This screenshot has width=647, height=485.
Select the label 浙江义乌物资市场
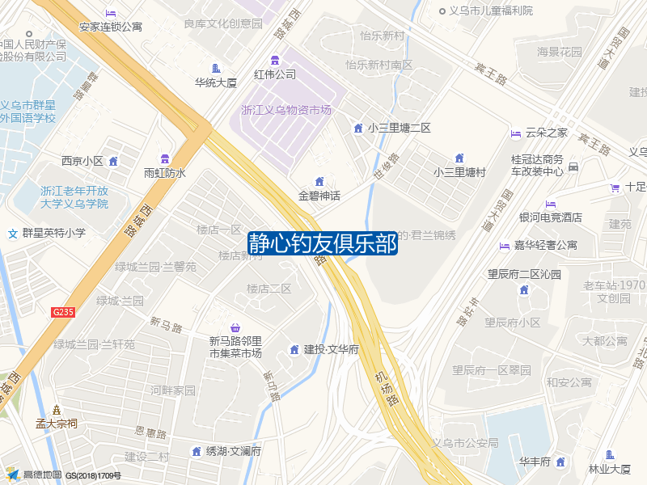point(286,110)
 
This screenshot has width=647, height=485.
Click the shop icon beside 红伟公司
point(275,60)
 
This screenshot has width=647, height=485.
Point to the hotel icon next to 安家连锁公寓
point(111,13)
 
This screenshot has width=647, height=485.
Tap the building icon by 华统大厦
point(215,69)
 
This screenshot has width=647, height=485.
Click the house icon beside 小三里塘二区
point(358,128)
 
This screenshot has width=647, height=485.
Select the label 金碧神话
point(319,196)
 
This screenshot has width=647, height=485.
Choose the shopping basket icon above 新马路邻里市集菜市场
point(235,327)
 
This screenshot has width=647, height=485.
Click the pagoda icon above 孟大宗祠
point(56,409)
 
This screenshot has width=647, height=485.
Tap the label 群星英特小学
point(53,233)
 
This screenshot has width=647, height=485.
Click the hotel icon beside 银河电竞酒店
point(551,204)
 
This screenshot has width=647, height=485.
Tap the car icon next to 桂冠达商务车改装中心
point(573,167)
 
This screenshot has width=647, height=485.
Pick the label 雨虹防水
point(165,172)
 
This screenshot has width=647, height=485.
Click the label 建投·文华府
point(331,349)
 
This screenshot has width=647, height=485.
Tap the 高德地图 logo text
point(42,474)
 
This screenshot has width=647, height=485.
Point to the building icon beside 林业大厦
point(610,455)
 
